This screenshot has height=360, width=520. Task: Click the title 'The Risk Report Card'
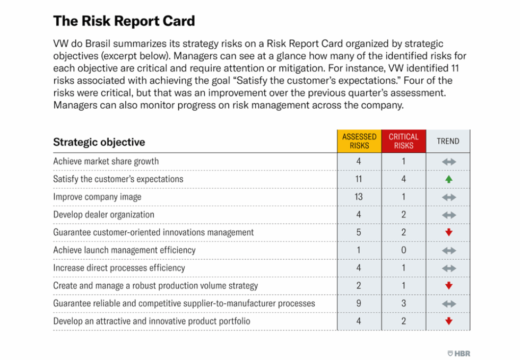124,21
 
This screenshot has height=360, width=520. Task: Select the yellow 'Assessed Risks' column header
359,141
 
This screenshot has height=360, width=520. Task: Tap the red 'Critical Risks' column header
403,141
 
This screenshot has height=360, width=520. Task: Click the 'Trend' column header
448,141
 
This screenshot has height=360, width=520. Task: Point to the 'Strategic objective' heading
99,142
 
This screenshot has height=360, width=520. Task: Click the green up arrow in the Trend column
448,179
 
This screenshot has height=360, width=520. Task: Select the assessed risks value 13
359,197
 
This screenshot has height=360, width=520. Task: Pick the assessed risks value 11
359,179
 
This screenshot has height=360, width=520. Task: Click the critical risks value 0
403,250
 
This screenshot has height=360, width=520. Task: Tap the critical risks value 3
403,303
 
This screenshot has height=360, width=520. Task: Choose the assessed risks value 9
359,303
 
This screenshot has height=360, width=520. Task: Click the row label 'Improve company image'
97,197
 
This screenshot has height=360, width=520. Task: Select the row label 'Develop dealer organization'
103,215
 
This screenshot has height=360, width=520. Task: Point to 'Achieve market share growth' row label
106,161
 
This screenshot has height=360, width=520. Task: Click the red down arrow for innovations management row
448,233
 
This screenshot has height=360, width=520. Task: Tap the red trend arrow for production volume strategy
448,286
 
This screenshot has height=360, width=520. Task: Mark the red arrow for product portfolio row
448,321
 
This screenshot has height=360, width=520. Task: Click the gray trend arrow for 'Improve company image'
448,197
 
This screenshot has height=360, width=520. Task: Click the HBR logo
459,353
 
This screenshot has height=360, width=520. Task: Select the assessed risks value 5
359,232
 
